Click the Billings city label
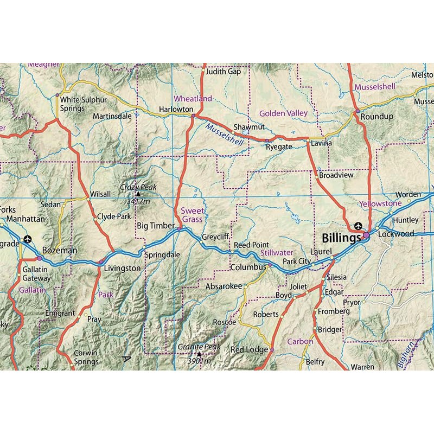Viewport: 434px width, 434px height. (341, 238)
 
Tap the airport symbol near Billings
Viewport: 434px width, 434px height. (358, 226)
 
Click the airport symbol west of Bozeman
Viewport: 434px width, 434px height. (28, 239)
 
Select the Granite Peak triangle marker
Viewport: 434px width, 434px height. (199, 354)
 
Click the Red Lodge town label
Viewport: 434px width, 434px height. (250, 350)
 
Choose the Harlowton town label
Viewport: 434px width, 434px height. (176, 109)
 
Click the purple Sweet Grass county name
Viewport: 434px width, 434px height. (192, 215)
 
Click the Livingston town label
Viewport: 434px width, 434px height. (122, 268)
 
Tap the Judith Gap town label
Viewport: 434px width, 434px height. (223, 71)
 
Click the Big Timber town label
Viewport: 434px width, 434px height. (155, 225)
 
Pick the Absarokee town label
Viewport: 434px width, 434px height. (224, 286)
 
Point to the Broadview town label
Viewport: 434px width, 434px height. (336, 176)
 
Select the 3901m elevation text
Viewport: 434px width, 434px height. (199, 361)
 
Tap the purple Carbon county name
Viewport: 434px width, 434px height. (300, 342)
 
